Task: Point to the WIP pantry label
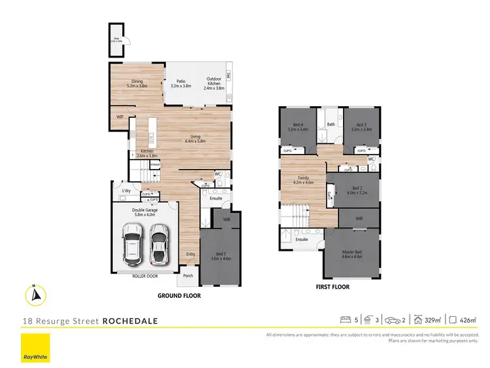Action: click(120, 117)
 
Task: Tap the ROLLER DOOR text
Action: click(144, 275)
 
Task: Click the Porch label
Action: click(188, 276)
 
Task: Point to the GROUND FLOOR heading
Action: click(179, 296)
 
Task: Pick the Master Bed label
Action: click(351, 255)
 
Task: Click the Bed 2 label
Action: click(357, 191)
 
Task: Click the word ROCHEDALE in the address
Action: click(130, 321)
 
